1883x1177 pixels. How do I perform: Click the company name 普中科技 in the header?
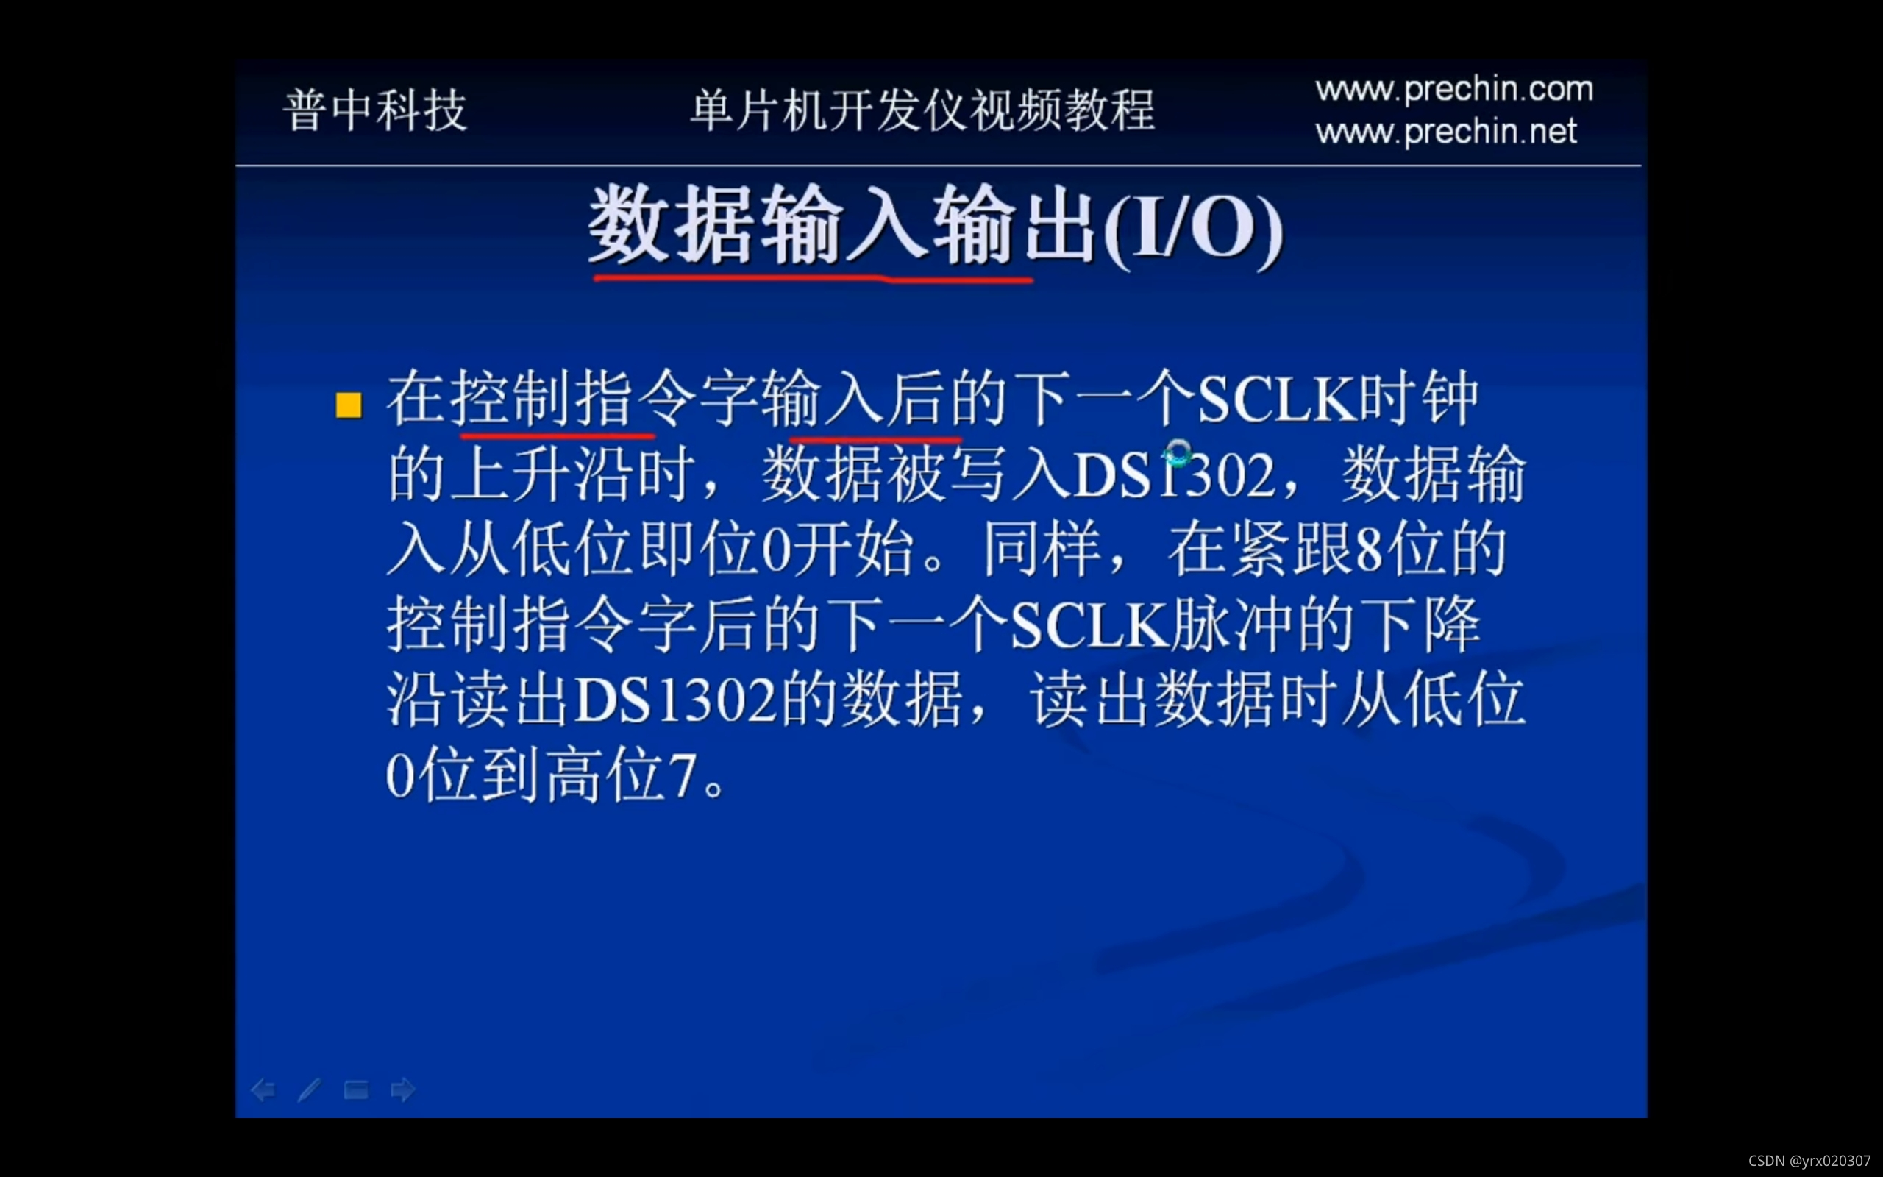(375, 110)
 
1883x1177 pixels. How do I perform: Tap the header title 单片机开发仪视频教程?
(923, 110)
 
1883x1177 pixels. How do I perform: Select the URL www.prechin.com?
(1453, 89)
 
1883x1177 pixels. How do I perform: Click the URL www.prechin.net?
(1445, 131)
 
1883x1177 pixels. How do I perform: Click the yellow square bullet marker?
(349, 405)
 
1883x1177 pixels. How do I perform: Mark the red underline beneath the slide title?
(812, 278)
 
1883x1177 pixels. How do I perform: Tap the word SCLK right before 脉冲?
(1089, 626)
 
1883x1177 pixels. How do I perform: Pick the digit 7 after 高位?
(683, 777)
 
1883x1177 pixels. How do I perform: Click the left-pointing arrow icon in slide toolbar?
(263, 1089)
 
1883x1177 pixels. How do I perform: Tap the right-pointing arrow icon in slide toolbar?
(403, 1089)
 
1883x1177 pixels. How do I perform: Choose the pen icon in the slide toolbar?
(310, 1089)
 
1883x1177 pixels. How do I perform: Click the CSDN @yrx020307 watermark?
(1809, 1161)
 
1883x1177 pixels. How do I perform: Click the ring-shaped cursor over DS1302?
(1178, 452)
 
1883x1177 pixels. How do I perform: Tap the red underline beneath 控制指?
(557, 436)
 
